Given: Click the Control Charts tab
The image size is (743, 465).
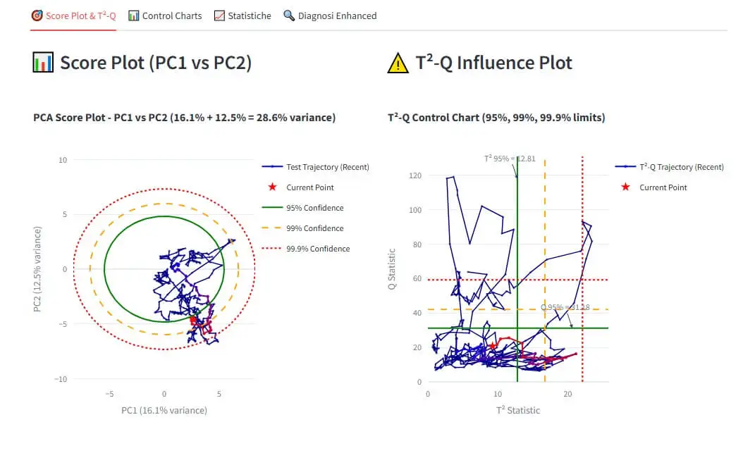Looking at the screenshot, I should pos(165,15).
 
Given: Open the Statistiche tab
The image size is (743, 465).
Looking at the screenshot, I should pos(242,15).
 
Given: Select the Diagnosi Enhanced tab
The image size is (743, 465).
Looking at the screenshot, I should pos(330,15).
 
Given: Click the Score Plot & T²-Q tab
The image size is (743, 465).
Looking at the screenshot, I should pos(73,15).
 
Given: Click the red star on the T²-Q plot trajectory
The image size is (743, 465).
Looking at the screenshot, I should pos(493,346).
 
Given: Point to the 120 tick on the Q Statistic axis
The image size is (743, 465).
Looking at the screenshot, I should pos(415,175).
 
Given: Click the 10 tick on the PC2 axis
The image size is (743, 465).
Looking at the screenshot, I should pos(63,160).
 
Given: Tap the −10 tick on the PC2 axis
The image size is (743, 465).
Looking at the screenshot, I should pos(61,379).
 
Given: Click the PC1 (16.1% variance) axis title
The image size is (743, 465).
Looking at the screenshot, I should pos(164,410).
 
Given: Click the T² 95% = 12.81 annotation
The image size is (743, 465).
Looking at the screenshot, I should pos(509,159).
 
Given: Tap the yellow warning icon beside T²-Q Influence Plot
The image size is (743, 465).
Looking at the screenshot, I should pos(398,63).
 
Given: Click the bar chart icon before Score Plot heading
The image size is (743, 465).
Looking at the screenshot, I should pos(43,63).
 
